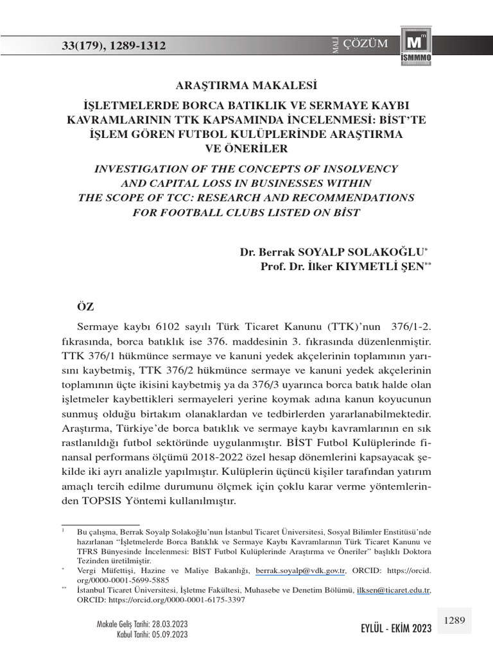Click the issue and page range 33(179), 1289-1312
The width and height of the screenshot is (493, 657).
click(114, 46)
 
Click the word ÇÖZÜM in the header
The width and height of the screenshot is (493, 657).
click(366, 44)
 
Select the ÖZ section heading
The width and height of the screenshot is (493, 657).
click(85, 307)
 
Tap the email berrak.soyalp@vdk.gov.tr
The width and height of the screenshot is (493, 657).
click(300, 570)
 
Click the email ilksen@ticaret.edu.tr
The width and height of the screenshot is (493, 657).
click(394, 590)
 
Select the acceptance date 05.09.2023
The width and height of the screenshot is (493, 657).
click(169, 635)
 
